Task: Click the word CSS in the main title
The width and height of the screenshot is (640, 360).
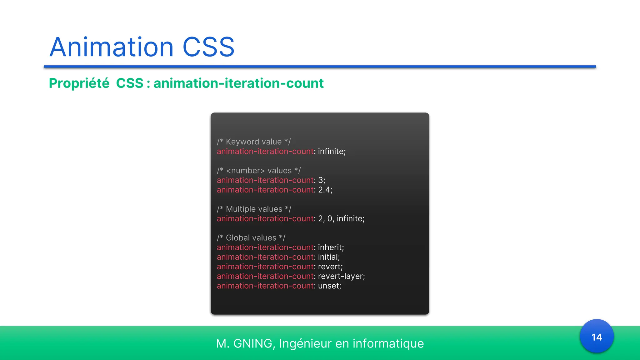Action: coord(208,47)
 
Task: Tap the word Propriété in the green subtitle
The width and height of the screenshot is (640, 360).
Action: coord(79,83)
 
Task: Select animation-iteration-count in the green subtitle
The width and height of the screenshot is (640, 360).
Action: coord(238,83)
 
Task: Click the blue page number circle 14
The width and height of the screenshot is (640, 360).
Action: coord(597,337)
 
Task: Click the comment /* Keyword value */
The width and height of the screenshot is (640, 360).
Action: coord(254,142)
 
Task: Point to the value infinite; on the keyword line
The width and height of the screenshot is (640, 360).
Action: coord(332,152)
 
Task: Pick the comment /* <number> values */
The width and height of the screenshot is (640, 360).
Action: coord(259,171)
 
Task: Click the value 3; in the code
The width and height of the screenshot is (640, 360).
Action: coord(322,180)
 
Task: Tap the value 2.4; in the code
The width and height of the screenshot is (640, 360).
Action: coord(325,190)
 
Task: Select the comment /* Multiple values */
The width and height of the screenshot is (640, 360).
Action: coord(254,209)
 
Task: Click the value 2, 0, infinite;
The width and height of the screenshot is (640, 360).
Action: coord(341,219)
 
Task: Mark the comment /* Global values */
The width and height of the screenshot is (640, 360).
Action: coord(251,238)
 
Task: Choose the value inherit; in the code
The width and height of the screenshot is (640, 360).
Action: coord(331,247)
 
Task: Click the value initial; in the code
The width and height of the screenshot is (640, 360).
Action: coord(329,257)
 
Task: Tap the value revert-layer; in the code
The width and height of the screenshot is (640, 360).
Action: coord(341,276)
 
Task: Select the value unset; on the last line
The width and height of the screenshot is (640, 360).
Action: coord(329,286)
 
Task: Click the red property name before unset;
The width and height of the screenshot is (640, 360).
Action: coord(265,286)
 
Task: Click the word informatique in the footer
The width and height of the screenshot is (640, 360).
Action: coord(388,343)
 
